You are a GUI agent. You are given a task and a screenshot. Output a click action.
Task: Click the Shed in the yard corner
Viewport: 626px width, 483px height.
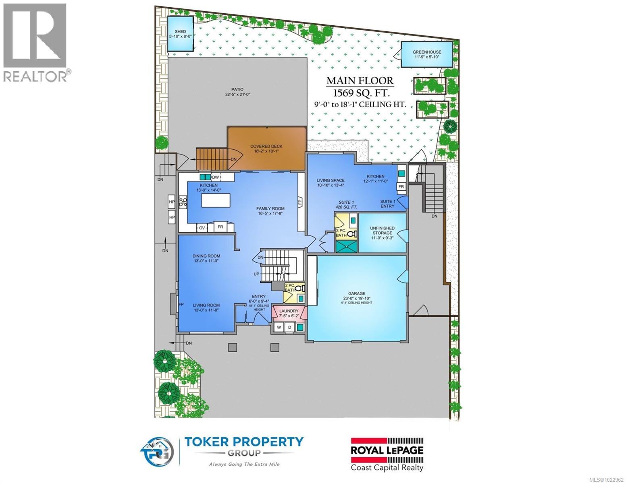point(180,33)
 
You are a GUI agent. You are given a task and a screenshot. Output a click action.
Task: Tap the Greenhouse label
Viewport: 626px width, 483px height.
point(426,52)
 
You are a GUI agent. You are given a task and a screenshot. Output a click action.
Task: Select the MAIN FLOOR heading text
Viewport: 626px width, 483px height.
point(360,80)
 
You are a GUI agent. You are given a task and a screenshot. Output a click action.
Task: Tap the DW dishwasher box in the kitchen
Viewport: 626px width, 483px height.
point(215,177)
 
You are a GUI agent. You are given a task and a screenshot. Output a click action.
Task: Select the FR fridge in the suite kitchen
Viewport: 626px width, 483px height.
point(401,187)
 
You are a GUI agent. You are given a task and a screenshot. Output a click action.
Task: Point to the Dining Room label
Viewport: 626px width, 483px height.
point(206,256)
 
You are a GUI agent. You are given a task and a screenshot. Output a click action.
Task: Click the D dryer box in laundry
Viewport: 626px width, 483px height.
point(289,327)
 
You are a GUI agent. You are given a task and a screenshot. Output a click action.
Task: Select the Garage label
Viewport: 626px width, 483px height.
point(357,293)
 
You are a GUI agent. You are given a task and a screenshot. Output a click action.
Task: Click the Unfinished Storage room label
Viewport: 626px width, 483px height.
point(382,231)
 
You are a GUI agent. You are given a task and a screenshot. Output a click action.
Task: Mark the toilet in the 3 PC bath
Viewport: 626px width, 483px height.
point(351,233)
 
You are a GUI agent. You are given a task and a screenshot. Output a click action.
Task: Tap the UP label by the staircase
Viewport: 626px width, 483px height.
point(256,274)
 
